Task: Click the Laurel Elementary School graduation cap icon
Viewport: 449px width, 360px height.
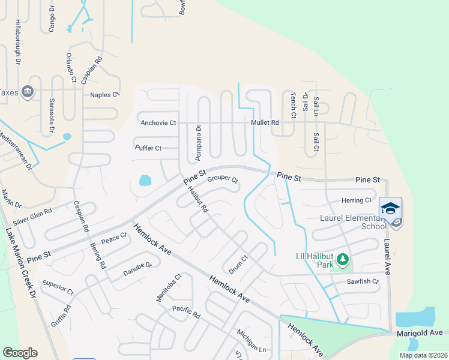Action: tap(390, 209)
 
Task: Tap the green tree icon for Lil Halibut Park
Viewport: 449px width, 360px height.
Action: tap(343, 259)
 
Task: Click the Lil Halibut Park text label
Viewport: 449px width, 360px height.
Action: tap(313, 257)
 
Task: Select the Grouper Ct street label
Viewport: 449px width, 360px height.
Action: tap(223, 179)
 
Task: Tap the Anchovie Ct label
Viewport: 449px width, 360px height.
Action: tap(158, 123)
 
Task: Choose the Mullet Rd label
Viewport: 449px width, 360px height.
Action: tap(266, 123)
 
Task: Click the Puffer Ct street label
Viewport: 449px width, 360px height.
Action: tap(148, 148)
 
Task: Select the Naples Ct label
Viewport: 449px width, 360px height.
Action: tap(104, 95)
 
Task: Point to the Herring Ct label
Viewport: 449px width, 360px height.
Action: tap(357, 200)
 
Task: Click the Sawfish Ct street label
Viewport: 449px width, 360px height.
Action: tap(362, 281)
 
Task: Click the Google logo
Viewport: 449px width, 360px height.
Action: tap(20, 353)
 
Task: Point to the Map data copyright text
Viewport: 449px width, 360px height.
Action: tap(423, 355)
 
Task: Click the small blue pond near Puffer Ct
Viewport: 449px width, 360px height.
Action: tap(145, 180)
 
